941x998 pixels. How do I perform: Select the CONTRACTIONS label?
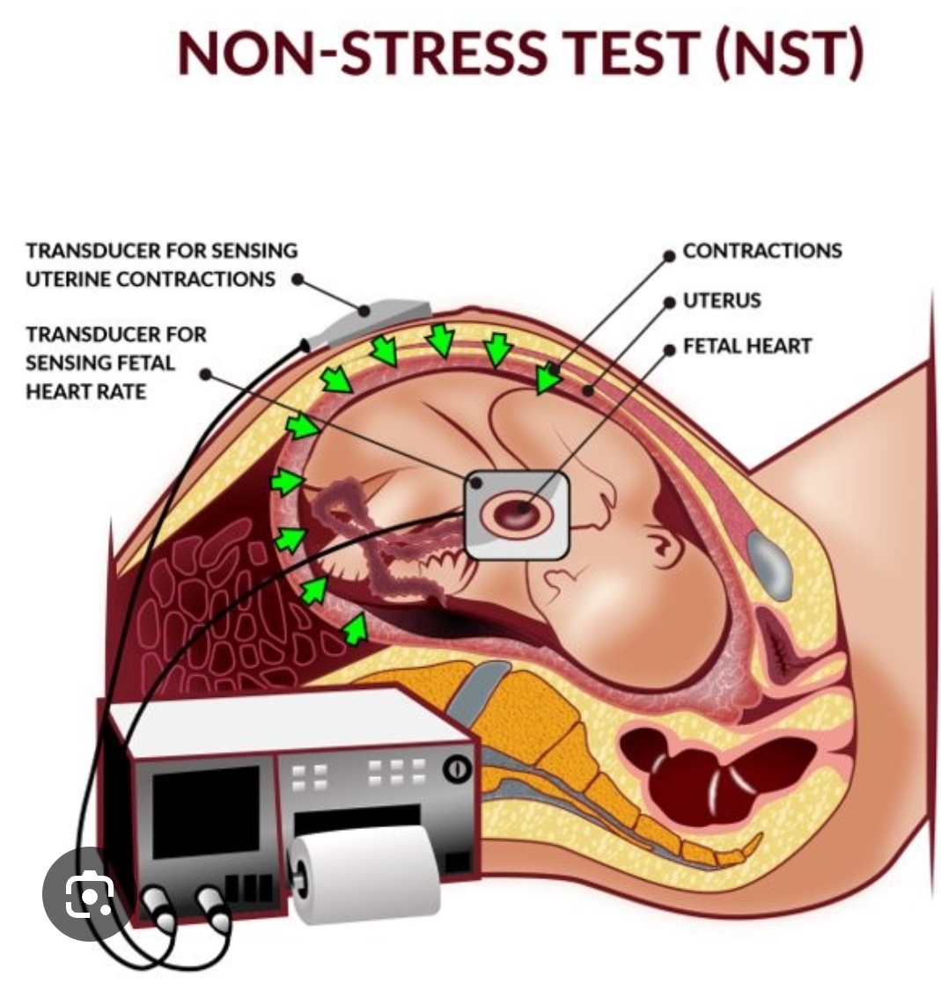[762, 251]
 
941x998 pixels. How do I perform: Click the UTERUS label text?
[722, 300]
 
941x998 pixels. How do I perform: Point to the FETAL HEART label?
[747, 346]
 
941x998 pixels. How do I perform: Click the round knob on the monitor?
[456, 768]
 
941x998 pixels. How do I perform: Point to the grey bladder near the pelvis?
[769, 564]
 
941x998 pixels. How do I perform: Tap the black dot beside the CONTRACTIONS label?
[670, 253]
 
